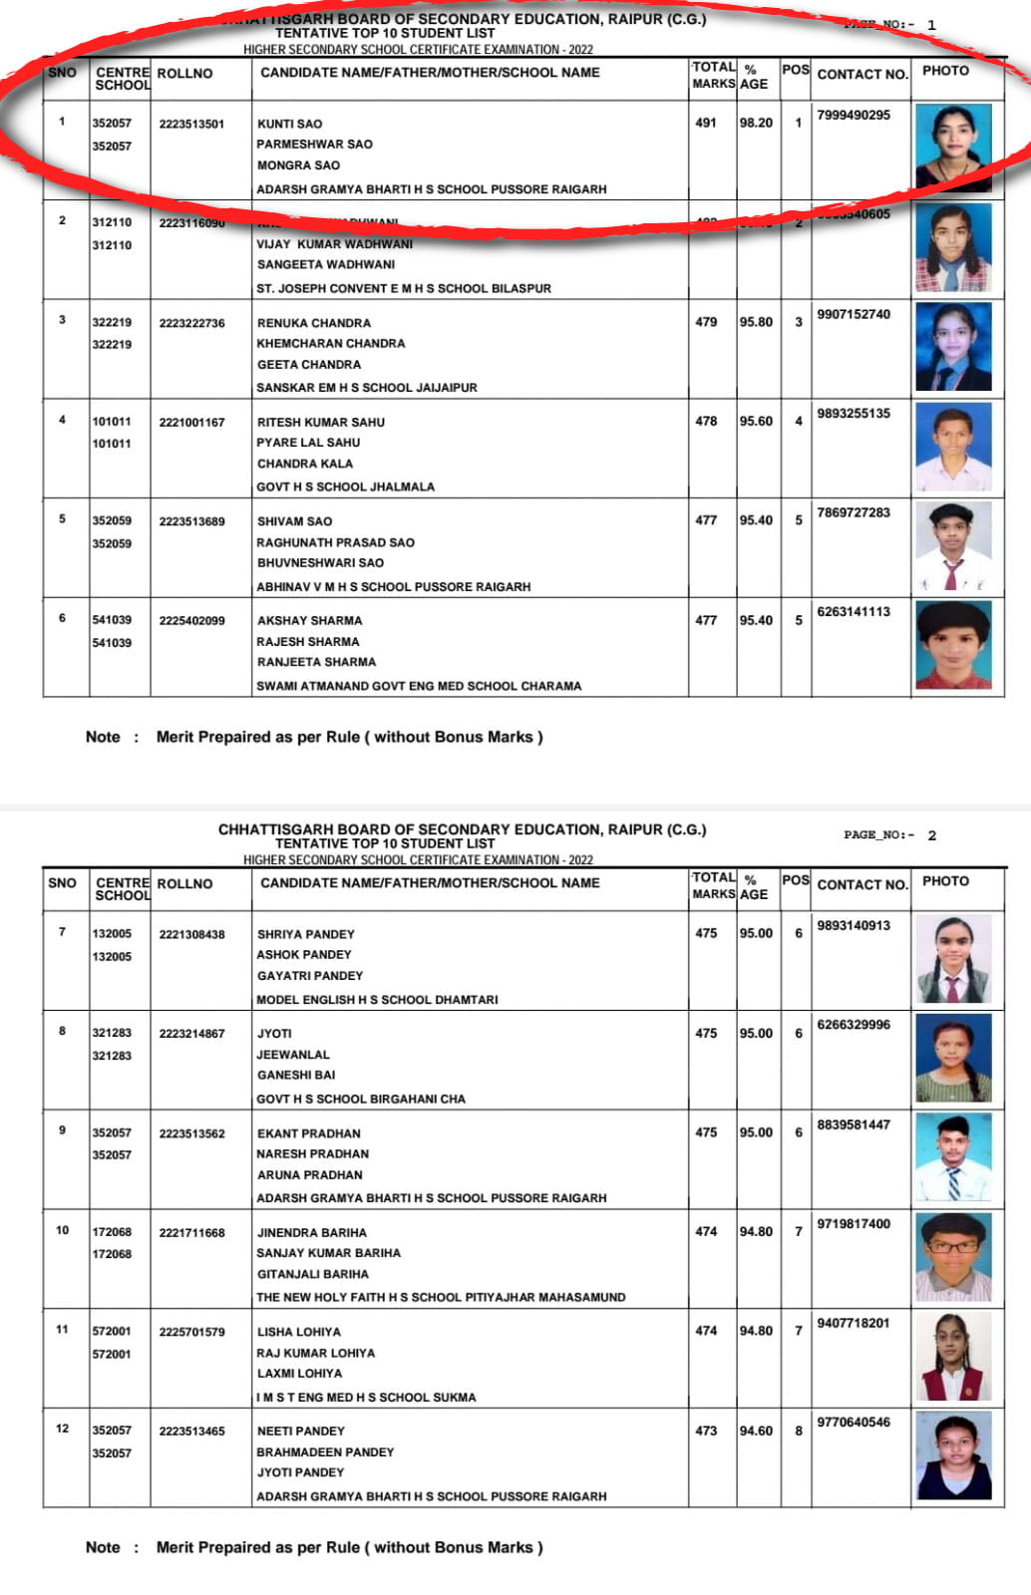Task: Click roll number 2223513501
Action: click(x=191, y=124)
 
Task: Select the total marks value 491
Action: click(x=706, y=123)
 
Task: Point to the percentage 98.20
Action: click(x=756, y=123)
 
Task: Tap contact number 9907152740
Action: click(x=854, y=314)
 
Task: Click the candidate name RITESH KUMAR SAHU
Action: click(x=320, y=422)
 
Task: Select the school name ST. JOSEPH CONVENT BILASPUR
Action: click(x=404, y=288)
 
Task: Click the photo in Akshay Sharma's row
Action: click(x=953, y=646)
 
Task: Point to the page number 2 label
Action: click(x=889, y=835)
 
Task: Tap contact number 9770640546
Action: click(x=854, y=1422)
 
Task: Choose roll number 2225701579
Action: click(x=191, y=1331)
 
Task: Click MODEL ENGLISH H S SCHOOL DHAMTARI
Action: click(x=377, y=999)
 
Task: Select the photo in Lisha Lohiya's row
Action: click(x=953, y=1357)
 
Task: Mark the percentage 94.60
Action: click(x=756, y=1431)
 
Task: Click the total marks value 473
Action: click(x=706, y=1431)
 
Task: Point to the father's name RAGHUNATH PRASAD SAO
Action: click(x=335, y=542)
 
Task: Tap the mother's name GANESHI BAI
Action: click(x=296, y=1075)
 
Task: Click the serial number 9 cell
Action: click(x=62, y=1129)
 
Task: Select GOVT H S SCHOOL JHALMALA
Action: click(x=345, y=486)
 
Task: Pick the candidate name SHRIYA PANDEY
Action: click(x=305, y=934)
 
